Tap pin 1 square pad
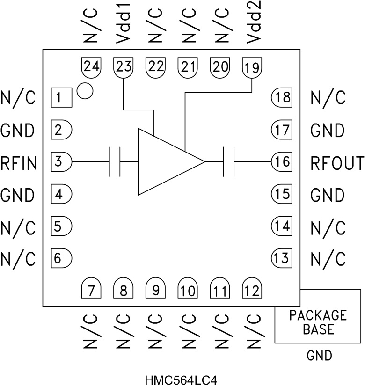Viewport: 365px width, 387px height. (60, 98)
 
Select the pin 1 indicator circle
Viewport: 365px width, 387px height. (85, 90)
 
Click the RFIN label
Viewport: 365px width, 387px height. (18, 162)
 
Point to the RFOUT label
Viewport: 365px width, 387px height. (337, 162)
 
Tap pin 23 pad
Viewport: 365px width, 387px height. (123, 68)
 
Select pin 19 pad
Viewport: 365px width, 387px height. (252, 68)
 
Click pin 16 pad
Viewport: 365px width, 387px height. (282, 162)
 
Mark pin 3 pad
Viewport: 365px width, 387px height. (61, 162)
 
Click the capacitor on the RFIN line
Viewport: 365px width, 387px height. (115, 162)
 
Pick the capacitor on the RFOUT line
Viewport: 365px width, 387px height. (229, 162)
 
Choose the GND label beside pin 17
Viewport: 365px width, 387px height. (328, 130)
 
